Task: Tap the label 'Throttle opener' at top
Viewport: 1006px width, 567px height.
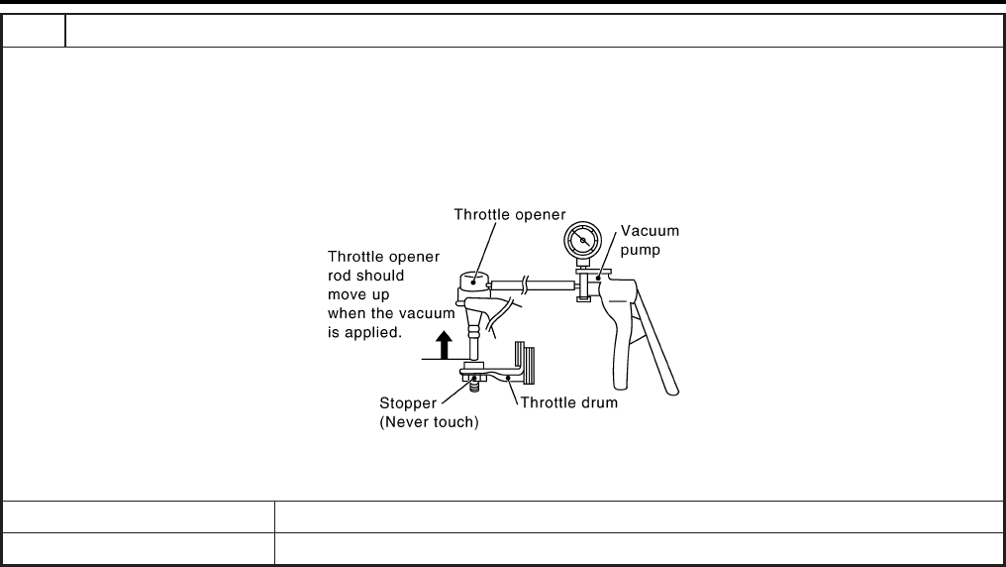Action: (x=509, y=213)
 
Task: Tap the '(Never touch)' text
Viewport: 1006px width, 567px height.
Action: (x=430, y=422)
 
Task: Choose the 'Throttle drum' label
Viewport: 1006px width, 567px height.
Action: (x=569, y=403)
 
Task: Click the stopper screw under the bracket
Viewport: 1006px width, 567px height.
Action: (x=475, y=383)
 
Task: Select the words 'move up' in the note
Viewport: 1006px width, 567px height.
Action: (x=358, y=294)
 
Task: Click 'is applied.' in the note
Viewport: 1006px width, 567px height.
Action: (x=364, y=333)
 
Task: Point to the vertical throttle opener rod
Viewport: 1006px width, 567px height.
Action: (x=473, y=343)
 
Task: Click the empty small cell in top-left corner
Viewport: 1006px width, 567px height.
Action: (x=34, y=31)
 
